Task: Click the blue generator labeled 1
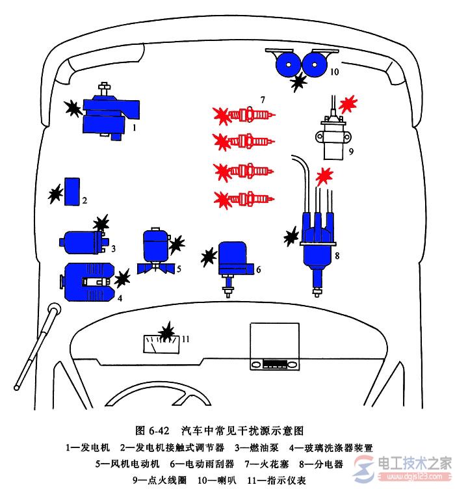coord(107,113)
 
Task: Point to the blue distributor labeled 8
coord(317,241)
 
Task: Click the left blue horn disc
coord(288,64)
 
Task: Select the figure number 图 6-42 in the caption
coord(153,430)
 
